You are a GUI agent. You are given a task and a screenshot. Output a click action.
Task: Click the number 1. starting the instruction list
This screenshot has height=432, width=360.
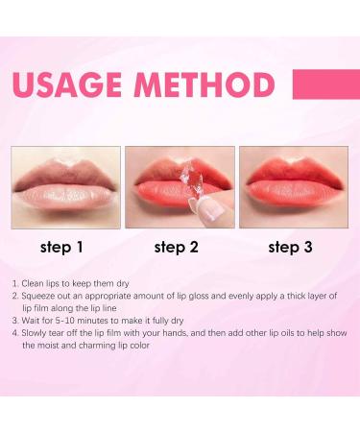[16, 285]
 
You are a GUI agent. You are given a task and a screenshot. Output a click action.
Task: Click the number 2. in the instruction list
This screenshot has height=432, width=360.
[16, 299]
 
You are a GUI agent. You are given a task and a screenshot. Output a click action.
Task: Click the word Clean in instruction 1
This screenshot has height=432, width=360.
[35, 285]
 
